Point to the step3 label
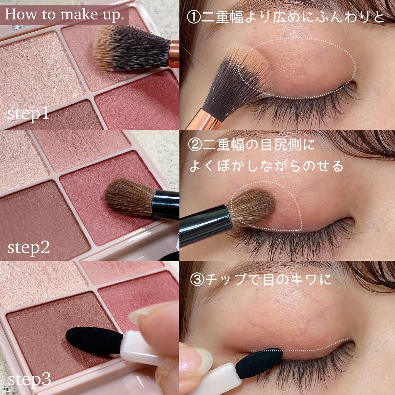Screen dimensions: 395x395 pos(29,379)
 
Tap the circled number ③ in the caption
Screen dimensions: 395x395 pos(196,279)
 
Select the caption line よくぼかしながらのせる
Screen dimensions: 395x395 pos(266,165)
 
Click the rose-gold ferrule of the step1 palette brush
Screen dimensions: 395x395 pos(174,54)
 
